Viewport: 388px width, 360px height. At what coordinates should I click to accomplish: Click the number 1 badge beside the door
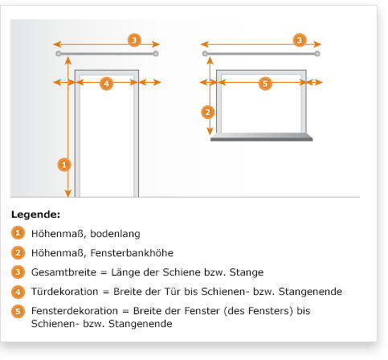[x=64, y=165]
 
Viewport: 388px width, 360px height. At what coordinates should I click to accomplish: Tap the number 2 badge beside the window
[x=208, y=112]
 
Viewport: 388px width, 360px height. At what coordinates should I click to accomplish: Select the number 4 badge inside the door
[x=106, y=84]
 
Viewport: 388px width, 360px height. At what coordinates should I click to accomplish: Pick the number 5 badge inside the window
[x=265, y=84]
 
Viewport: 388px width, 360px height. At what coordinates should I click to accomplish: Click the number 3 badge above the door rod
[x=134, y=40]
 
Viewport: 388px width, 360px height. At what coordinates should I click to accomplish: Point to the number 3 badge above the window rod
[x=300, y=40]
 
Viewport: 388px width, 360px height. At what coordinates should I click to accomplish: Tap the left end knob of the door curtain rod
[x=59, y=54]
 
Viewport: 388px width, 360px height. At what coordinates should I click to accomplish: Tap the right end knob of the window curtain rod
[x=317, y=54]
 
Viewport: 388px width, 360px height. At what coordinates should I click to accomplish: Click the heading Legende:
[x=35, y=215]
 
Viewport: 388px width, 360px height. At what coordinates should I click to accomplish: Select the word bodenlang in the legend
[x=115, y=234]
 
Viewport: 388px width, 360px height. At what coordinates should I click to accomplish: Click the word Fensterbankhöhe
[x=132, y=253]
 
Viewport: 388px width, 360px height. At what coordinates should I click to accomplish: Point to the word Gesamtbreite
[x=63, y=272]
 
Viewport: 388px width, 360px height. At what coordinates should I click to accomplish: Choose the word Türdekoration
[x=64, y=292]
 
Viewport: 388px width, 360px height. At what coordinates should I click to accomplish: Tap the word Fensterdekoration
[x=75, y=311]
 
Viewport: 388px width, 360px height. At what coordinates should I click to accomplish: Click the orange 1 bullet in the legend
[x=18, y=233]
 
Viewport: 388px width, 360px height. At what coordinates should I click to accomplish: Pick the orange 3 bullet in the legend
[x=18, y=272]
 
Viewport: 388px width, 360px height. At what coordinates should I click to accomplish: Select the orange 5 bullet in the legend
[x=18, y=311]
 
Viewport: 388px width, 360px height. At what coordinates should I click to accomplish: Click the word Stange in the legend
[x=247, y=272]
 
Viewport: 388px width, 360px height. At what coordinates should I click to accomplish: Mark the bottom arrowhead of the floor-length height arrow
[x=68, y=194]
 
